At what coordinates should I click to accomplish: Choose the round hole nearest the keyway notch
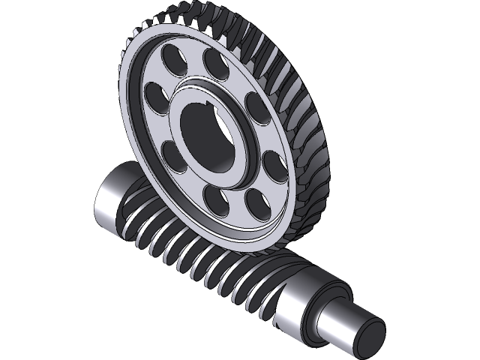point(214,64)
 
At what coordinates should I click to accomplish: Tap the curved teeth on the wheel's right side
point(307,127)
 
